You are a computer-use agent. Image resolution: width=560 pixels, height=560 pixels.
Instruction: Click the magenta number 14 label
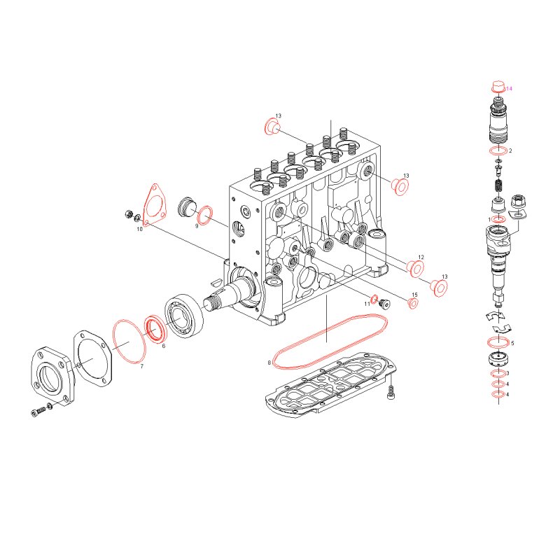[x=509, y=89]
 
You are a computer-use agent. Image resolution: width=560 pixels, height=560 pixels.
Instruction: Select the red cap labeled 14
[x=498, y=87]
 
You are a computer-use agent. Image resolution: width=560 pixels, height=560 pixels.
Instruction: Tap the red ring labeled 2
[x=498, y=151]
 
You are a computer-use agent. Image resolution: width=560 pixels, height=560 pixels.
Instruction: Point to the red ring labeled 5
[x=498, y=342]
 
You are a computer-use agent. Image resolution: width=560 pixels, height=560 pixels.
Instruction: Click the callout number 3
[x=507, y=373]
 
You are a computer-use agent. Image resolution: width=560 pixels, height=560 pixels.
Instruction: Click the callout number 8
[x=269, y=363]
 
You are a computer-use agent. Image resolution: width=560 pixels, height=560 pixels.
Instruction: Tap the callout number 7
[x=142, y=366]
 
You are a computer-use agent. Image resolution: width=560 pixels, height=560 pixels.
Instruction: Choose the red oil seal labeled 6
[x=155, y=328]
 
